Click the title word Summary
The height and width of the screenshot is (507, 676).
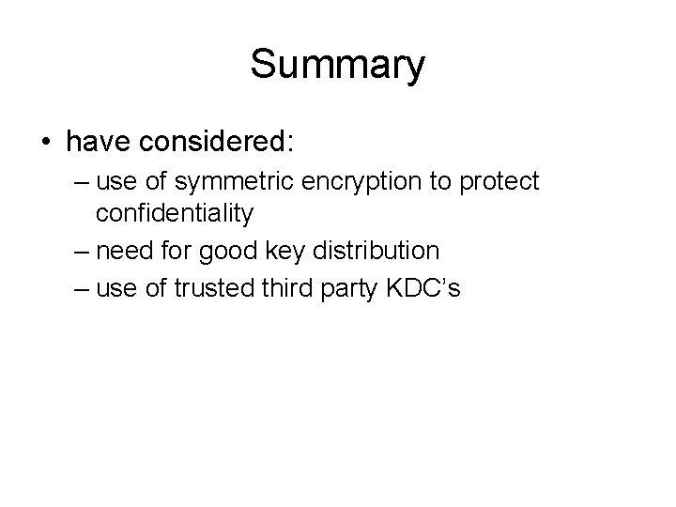(338, 66)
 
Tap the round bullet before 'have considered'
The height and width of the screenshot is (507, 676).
(46, 143)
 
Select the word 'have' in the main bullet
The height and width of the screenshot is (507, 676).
(95, 142)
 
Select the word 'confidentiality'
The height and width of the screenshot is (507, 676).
(175, 215)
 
